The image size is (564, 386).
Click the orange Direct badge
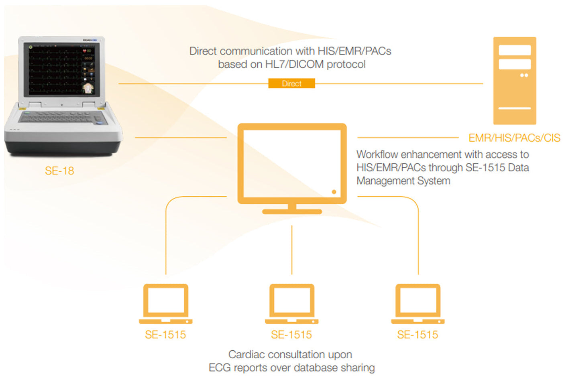click(x=291, y=83)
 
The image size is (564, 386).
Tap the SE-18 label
click(x=59, y=171)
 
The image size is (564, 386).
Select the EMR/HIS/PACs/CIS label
click(x=514, y=138)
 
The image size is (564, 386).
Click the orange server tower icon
click(x=514, y=80)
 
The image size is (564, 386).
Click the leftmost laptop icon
click(x=165, y=304)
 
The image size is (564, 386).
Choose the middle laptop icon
click(x=291, y=304)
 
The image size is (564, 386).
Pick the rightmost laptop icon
click(x=417, y=304)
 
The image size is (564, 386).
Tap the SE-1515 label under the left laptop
click(x=165, y=335)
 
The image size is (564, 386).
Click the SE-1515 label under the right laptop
click(x=417, y=335)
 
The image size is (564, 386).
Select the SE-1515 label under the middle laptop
click(x=291, y=335)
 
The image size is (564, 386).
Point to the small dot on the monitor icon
click(x=334, y=192)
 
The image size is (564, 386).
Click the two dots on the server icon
click(x=524, y=75)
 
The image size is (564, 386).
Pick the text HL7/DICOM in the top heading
click(x=295, y=65)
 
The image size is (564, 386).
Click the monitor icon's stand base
click(x=292, y=211)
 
